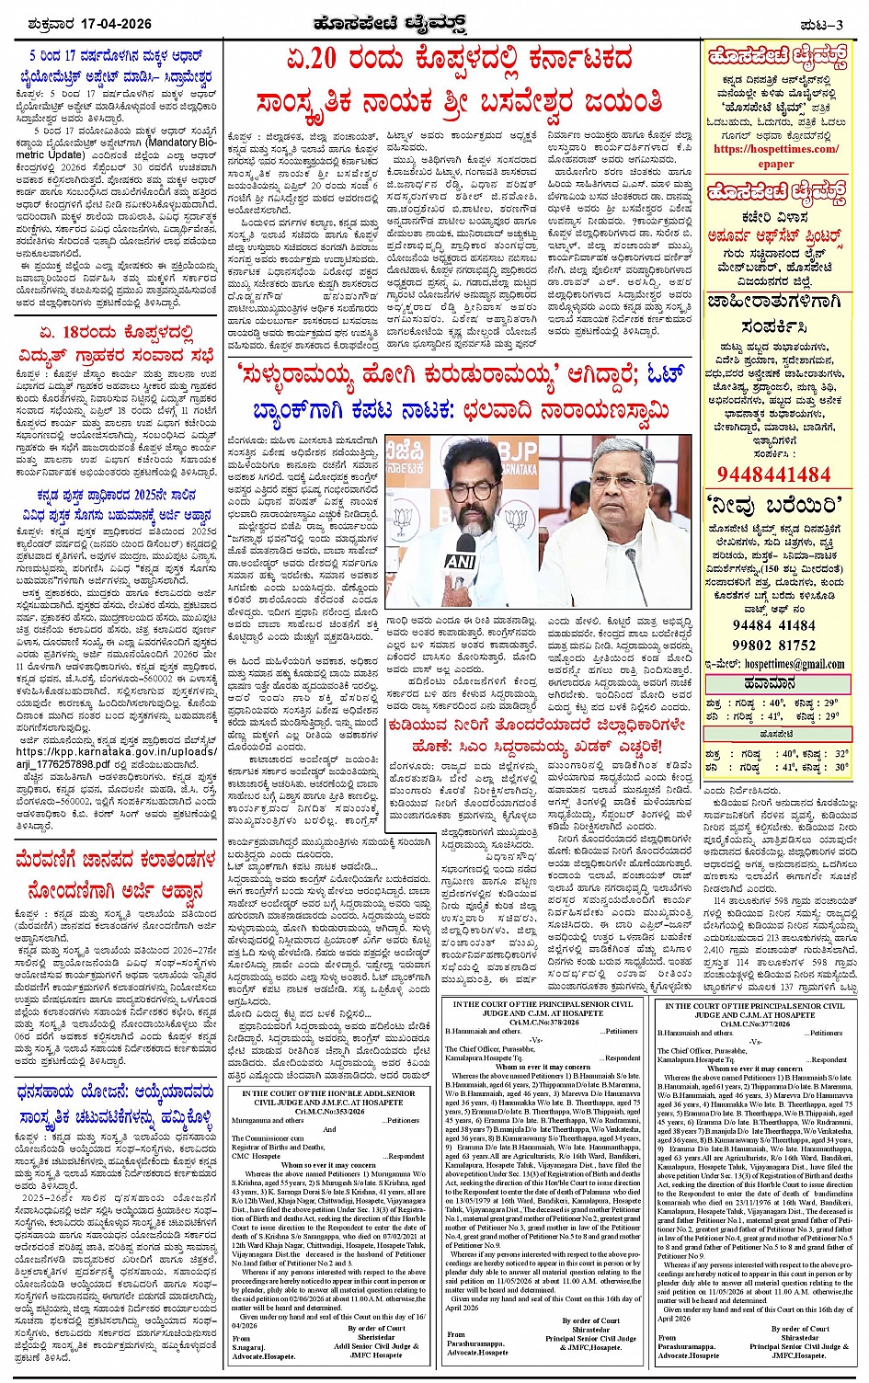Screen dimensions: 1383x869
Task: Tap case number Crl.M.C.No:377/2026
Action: [756, 1023]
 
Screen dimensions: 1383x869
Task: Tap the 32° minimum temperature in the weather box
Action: [835, 752]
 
